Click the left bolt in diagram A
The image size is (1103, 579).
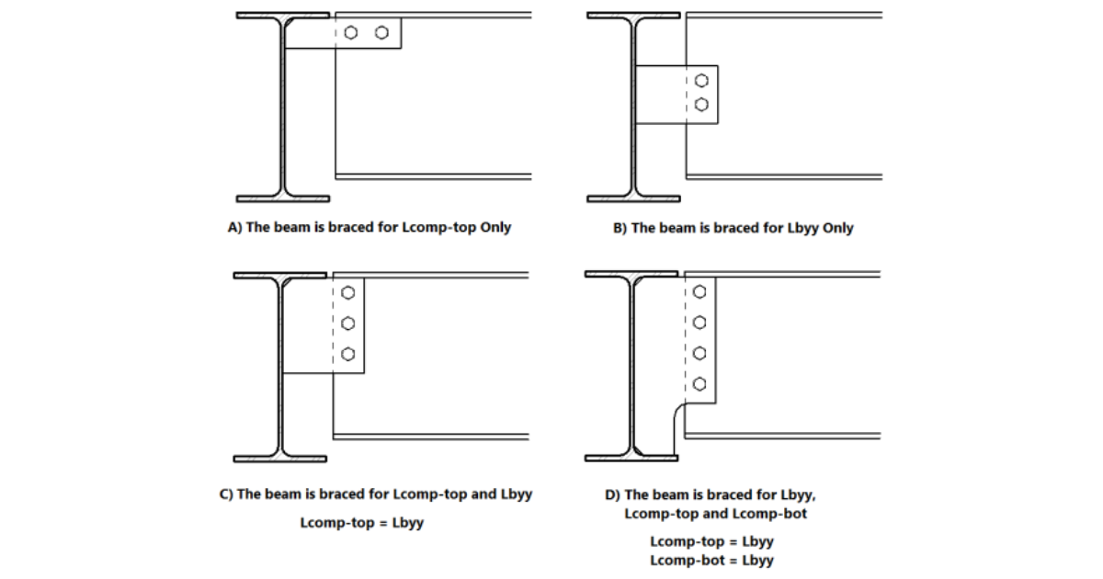coord(351,33)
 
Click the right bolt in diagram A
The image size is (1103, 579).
coord(381,33)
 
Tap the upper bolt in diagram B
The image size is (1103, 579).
coord(702,80)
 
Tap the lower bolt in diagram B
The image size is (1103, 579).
coord(702,105)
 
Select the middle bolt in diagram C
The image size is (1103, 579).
coord(347,324)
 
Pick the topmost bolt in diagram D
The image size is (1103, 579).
coord(699,291)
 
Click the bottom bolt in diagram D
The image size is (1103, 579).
coord(699,383)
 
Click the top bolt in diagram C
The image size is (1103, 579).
coord(347,293)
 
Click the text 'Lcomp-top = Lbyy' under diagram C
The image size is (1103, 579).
coord(361,523)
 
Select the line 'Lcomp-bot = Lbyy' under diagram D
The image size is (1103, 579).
coord(711,560)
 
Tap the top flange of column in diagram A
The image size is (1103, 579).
coord(282,16)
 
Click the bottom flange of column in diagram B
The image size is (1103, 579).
coord(633,198)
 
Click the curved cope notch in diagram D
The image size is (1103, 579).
coord(680,414)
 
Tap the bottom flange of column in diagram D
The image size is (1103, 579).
coord(631,458)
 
